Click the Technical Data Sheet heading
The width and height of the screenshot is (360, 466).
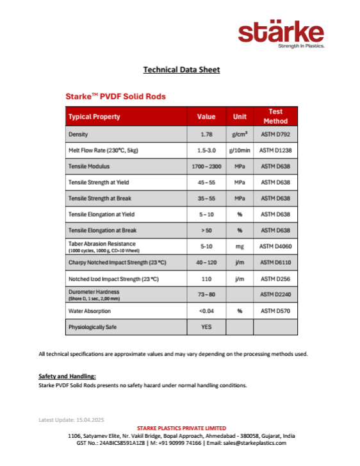181,69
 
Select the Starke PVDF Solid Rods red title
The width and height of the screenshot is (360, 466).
115,97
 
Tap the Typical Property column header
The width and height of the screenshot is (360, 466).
94,117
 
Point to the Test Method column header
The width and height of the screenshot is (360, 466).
275,116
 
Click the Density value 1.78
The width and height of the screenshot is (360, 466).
206,135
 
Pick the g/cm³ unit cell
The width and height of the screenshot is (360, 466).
240,135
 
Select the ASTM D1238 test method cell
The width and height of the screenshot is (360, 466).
275,151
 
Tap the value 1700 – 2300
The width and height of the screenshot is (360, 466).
206,166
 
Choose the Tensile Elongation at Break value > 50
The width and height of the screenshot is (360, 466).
206,229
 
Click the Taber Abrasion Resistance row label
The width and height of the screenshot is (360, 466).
102,244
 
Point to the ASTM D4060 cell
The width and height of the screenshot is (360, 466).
275,246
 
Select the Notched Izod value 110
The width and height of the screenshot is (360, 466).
206,279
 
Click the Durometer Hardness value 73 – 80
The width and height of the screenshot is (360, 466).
206,294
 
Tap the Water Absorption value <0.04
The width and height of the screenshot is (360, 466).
206,311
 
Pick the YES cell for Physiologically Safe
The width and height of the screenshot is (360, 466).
206,327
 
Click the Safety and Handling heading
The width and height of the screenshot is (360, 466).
67,376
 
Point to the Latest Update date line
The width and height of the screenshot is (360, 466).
70,420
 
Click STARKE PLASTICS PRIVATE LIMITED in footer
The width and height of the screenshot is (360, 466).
181,428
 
